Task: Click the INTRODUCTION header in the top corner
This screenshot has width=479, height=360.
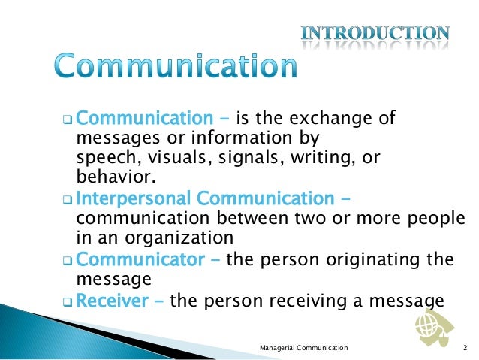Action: (x=375, y=33)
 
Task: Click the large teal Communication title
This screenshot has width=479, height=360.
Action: (x=176, y=68)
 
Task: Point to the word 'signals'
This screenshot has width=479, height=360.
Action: (x=227, y=159)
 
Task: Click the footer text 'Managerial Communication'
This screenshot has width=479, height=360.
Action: (x=303, y=347)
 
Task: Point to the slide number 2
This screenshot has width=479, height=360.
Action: (x=465, y=347)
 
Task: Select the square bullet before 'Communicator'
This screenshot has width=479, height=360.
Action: (x=67, y=262)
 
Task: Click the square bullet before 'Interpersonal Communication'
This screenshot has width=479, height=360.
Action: (x=67, y=201)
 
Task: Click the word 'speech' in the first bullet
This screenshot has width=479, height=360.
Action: (x=100, y=159)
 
